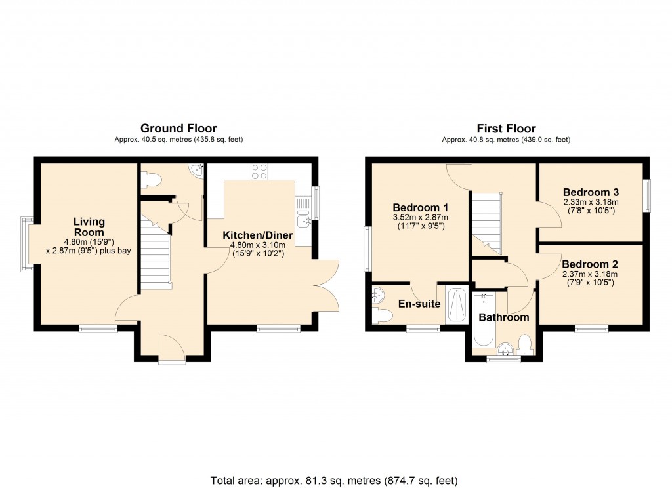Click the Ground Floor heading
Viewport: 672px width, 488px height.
pos(178,129)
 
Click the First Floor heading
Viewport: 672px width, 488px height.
pos(506,129)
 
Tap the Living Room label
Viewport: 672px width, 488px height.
pos(89,227)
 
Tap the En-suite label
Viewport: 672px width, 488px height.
pos(419,304)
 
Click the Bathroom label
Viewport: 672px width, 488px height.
pos(503,317)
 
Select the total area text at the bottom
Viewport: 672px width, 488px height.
pos(334,479)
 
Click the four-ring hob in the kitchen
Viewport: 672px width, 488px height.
pos(259,171)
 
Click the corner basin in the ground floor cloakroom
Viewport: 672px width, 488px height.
pos(196,171)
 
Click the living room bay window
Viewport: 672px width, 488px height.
pos(25,244)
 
